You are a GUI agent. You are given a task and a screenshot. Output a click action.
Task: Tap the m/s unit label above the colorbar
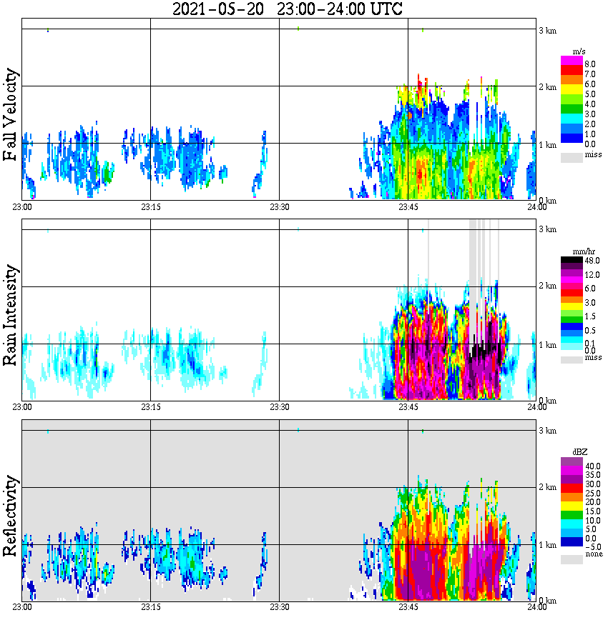(579, 51)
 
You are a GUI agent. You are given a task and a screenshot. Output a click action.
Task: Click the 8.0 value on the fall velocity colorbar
(589, 64)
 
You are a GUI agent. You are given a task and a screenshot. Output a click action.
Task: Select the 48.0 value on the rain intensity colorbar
(591, 261)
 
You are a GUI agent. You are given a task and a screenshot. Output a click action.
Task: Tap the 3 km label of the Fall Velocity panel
(547, 30)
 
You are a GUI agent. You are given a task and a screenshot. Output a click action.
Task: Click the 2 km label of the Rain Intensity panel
(547, 286)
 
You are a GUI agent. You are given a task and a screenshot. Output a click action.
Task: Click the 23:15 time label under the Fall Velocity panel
(150, 206)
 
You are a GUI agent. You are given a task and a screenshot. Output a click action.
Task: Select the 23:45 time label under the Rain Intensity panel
(408, 406)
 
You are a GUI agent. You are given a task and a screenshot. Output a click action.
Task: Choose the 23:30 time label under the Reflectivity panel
(279, 607)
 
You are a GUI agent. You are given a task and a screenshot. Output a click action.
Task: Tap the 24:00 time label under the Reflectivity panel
(536, 607)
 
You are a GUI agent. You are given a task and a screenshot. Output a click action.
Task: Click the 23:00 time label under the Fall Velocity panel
(22, 206)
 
